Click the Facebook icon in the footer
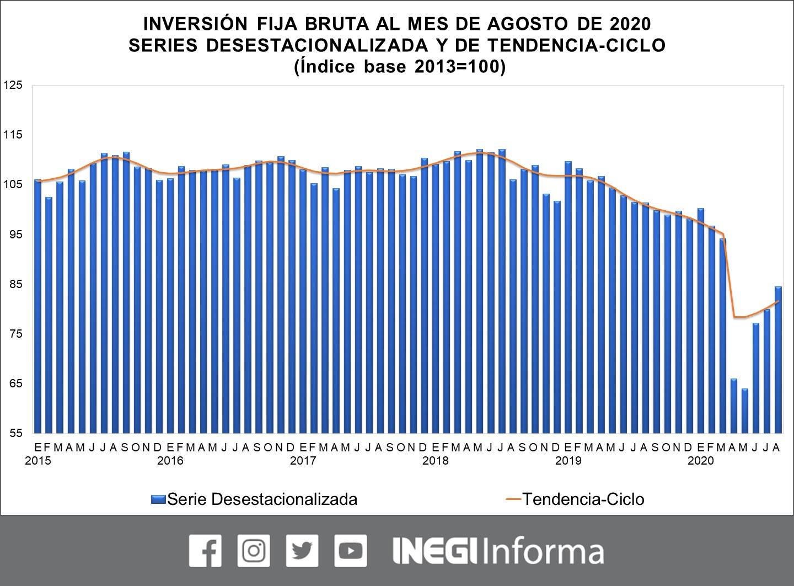[205, 550]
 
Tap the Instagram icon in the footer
[254, 550]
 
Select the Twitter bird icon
[302, 550]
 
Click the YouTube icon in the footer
[350, 550]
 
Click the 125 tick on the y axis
[13, 85]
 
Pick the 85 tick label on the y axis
[13, 284]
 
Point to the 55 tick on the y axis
[13, 433]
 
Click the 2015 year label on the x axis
[38, 460]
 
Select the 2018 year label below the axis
[436, 460]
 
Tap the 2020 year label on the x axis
[701, 460]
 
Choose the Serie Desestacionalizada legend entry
[254, 499]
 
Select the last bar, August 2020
[778, 359]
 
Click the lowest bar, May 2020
[745, 411]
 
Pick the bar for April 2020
[734, 406]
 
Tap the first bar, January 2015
[38, 306]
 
